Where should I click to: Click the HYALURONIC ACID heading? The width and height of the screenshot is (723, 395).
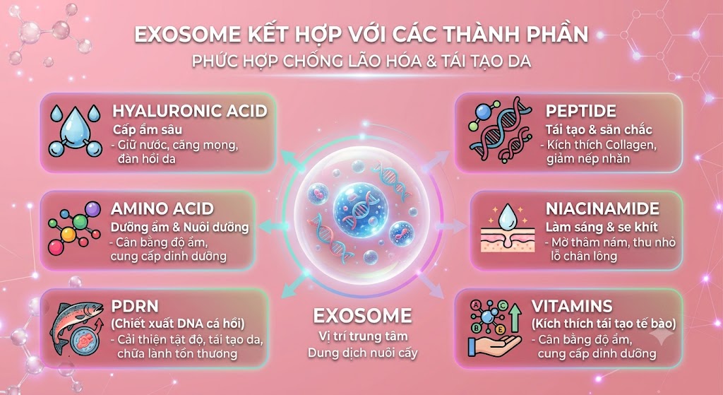tap(189, 111)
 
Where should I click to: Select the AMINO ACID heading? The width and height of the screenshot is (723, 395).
tap(162, 208)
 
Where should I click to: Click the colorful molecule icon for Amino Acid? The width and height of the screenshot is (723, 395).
tap(74, 228)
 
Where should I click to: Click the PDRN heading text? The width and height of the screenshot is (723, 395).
tap(135, 307)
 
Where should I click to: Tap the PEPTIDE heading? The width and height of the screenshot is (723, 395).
tap(580, 111)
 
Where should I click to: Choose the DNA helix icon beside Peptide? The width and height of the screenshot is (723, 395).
tap(499, 130)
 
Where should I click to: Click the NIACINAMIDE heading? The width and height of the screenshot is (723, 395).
tap(602, 208)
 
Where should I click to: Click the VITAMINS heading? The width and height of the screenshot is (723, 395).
tap(572, 306)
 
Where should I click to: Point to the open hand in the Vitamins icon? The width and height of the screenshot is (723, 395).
tap(494, 344)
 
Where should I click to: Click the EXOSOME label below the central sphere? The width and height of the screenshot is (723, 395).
tap(362, 316)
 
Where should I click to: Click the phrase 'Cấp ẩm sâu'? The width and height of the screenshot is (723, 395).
tap(148, 130)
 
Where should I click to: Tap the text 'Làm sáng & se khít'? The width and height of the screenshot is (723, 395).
tap(602, 227)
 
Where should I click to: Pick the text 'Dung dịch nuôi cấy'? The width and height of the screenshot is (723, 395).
tap(362, 353)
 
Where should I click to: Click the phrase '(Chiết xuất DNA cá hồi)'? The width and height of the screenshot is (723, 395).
tap(178, 323)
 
